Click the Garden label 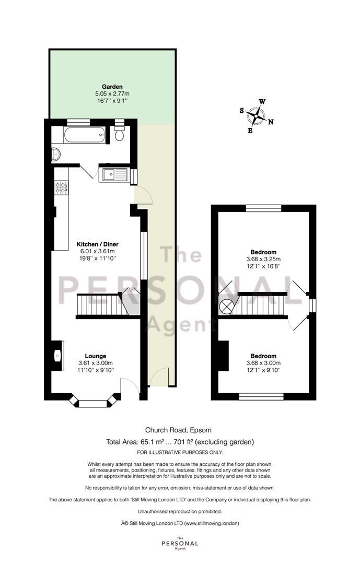[x=112, y=87]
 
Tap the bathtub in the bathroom [x=85, y=135]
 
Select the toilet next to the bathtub [x=119, y=133]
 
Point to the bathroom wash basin [x=56, y=155]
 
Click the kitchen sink [x=115, y=175]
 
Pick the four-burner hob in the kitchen [x=61, y=188]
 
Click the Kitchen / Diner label [x=98, y=244]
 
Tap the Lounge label [x=96, y=356]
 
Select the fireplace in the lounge [x=57, y=356]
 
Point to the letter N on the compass [x=271, y=122]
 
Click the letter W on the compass [x=262, y=101]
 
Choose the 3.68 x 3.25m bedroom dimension [x=263, y=259]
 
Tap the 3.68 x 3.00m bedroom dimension [x=263, y=363]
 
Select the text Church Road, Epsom [x=178, y=430]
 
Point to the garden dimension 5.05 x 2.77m [x=112, y=93]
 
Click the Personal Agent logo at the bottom [x=180, y=543]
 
